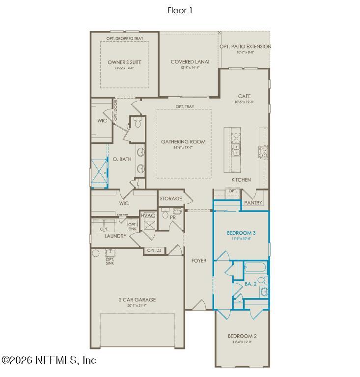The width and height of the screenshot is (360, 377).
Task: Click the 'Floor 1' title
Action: point(180,10)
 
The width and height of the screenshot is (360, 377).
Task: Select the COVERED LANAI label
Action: point(190,62)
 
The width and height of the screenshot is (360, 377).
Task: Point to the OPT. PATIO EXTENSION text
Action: point(245,47)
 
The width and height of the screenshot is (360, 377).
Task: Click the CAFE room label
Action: point(244,96)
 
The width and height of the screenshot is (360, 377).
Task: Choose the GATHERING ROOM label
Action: point(183,142)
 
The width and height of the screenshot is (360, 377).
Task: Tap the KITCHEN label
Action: point(241,180)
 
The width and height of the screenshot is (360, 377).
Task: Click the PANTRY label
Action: point(253,203)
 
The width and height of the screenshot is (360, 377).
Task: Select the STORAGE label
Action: point(170,199)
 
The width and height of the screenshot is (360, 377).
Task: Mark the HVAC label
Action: point(147,215)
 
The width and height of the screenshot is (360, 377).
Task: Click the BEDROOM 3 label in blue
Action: point(241,232)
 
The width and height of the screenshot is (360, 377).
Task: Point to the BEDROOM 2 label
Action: point(242,336)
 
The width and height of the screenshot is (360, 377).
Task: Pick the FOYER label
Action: point(198,261)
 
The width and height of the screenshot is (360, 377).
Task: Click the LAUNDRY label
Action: point(115,236)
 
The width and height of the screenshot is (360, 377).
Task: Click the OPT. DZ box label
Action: point(154,250)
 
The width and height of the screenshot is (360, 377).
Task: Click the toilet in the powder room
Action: point(166,215)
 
